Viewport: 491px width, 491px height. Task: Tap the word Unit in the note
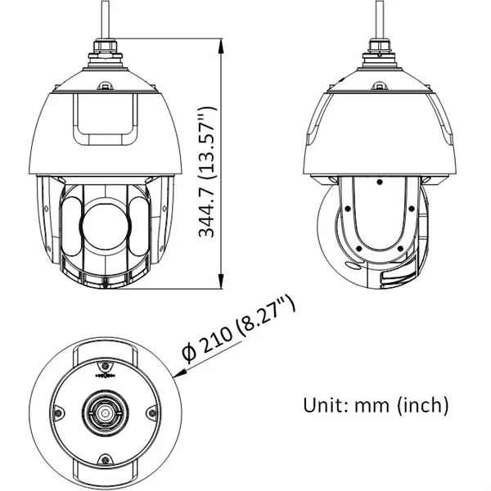tap(322, 404)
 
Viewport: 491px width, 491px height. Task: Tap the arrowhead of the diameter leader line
tap(179, 372)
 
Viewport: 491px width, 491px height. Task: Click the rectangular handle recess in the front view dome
tap(105, 120)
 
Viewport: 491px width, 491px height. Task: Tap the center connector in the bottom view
tap(105, 413)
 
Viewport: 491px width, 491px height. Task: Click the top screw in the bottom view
tap(105, 363)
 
